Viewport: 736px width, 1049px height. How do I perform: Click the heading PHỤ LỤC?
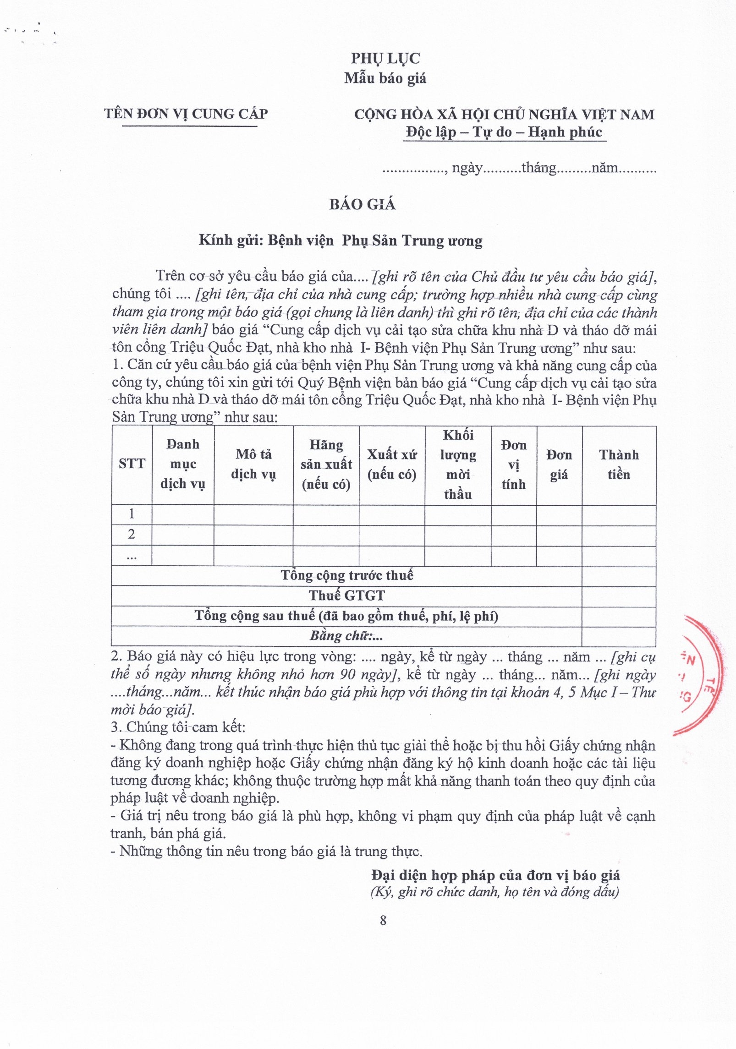pyautogui.click(x=385, y=58)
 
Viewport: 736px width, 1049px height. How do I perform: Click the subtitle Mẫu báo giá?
pyautogui.click(x=385, y=78)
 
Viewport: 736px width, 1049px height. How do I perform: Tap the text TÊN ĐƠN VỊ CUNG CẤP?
pyautogui.click(x=186, y=114)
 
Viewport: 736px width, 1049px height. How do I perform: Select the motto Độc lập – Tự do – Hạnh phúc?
pyautogui.click(x=504, y=132)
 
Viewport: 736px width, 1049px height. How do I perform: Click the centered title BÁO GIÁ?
pyautogui.click(x=362, y=204)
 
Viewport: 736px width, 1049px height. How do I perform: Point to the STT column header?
pyautogui.click(x=132, y=464)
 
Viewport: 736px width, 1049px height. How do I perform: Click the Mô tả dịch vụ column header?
pyautogui.click(x=253, y=464)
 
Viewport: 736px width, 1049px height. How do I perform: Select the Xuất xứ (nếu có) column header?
pyautogui.click(x=392, y=464)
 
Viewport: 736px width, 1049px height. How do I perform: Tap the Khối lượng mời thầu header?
pyautogui.click(x=458, y=464)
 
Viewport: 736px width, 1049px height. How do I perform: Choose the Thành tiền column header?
pyautogui.click(x=619, y=464)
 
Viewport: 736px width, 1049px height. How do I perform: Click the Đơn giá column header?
pyautogui.click(x=559, y=464)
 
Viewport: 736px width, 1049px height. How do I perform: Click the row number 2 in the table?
pyautogui.click(x=132, y=534)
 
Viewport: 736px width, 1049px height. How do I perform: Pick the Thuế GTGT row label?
pyautogui.click(x=346, y=596)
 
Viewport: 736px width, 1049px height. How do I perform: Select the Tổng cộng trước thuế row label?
pyautogui.click(x=347, y=575)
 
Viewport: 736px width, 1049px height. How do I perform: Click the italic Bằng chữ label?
pyautogui.click(x=346, y=636)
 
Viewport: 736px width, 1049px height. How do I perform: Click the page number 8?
pyautogui.click(x=383, y=920)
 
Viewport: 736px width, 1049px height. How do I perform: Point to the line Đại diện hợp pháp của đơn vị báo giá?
pyautogui.click(x=495, y=875)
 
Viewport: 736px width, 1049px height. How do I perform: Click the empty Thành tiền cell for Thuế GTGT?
pyautogui.click(x=619, y=596)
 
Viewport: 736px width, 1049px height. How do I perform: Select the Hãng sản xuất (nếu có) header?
pyautogui.click(x=326, y=464)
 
